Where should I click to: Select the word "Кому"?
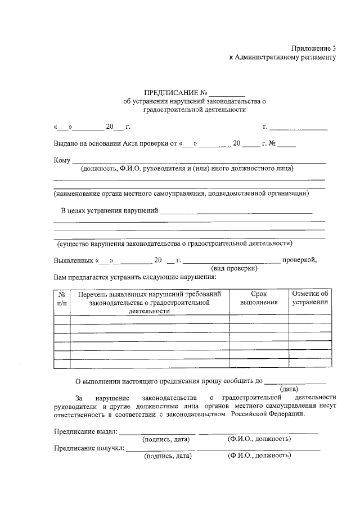(x=62, y=161)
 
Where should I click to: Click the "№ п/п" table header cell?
(x=62, y=298)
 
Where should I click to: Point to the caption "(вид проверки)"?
(x=234, y=268)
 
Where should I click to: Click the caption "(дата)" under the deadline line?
(x=289, y=389)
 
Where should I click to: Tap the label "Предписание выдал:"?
(x=85, y=431)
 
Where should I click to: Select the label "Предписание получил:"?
(x=89, y=448)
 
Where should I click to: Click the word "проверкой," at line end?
(x=300, y=260)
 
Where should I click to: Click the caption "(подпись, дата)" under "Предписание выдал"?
(x=168, y=439)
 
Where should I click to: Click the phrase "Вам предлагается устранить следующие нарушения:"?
(x=134, y=277)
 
